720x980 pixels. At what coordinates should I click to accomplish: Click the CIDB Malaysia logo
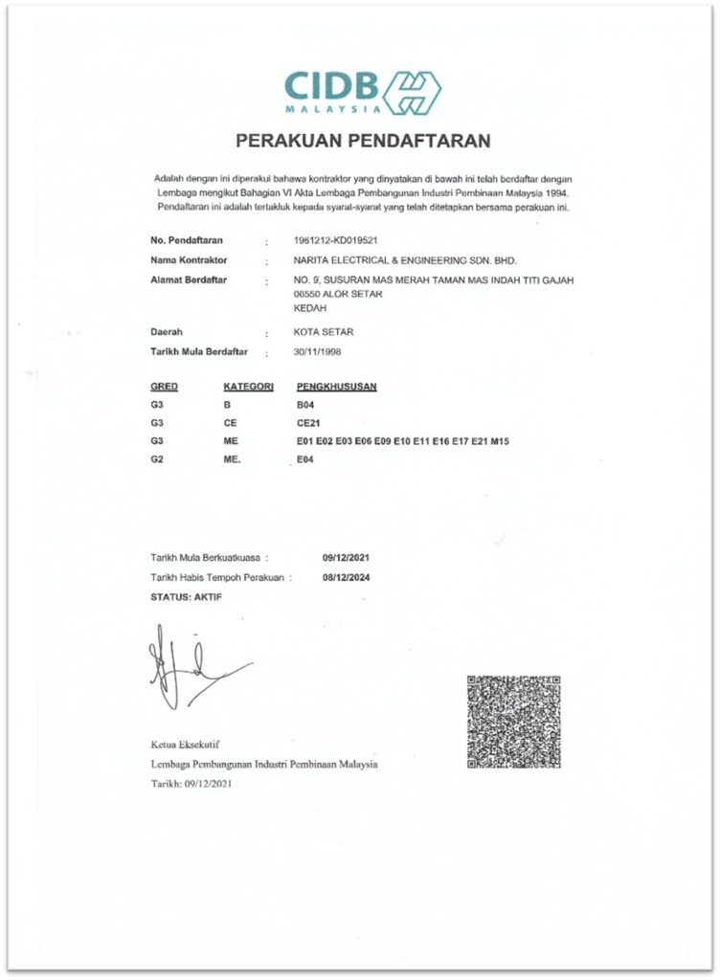click(x=362, y=92)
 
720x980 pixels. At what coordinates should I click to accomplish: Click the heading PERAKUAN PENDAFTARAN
click(x=363, y=141)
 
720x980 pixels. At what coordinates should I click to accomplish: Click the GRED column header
click(x=166, y=388)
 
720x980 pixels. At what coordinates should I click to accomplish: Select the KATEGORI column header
click(x=249, y=388)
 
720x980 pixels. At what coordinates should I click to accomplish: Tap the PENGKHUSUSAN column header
click(x=337, y=388)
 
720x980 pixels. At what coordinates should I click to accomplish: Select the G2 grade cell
click(x=158, y=459)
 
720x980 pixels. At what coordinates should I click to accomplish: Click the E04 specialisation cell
click(x=307, y=459)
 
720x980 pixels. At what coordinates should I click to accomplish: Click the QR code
click(x=513, y=722)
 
